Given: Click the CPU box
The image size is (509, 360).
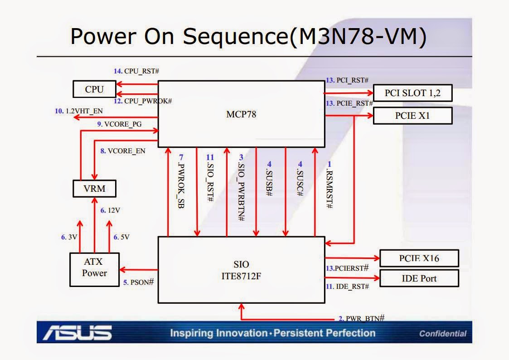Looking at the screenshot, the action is click(94, 89).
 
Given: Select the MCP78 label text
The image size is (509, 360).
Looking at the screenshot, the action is click(241, 114).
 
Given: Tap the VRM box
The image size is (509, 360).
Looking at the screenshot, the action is click(94, 189).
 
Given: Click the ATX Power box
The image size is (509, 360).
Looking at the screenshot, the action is click(94, 270).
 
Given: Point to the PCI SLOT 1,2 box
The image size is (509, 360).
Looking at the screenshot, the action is click(412, 93).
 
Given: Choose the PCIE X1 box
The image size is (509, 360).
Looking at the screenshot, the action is click(412, 116).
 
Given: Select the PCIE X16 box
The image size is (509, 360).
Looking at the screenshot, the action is click(419, 258).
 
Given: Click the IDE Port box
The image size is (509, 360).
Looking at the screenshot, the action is click(419, 278).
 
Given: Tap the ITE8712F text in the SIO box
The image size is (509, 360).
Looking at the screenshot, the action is click(241, 276).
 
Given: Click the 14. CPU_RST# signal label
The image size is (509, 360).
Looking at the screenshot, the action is click(136, 71).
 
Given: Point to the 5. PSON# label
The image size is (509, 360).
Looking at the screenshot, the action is click(139, 282).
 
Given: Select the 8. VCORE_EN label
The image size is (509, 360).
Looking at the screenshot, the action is click(123, 151).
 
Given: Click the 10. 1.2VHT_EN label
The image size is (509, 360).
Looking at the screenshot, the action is click(78, 111).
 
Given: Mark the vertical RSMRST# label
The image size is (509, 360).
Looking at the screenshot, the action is click(330, 185).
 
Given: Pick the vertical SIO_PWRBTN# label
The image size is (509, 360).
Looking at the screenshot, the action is click(241, 188).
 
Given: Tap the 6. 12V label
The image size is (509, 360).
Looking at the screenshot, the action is click(111, 210).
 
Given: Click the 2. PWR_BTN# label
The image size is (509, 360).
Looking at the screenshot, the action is click(362, 318).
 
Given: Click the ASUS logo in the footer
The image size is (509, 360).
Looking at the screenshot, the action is click(78, 332).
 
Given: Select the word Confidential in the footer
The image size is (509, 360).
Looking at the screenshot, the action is click(443, 334).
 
